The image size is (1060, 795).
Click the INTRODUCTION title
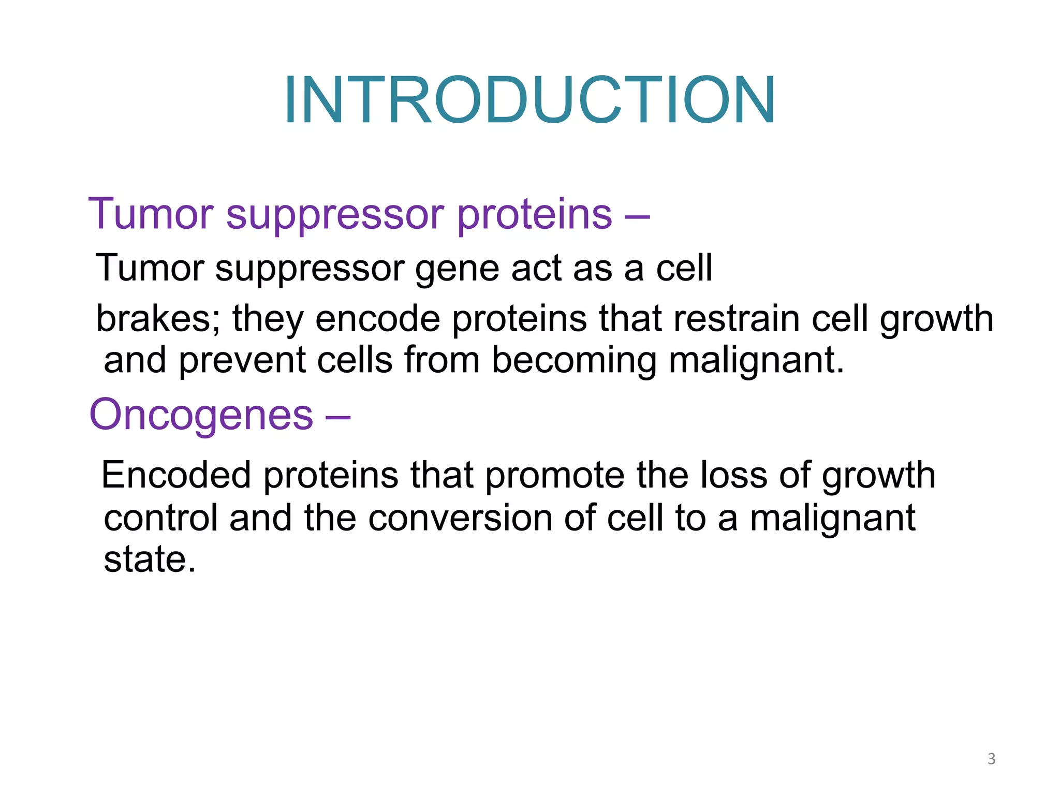(529, 100)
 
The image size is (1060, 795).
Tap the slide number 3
(991, 759)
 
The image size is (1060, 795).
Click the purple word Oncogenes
(201, 415)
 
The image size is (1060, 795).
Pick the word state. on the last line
(150, 560)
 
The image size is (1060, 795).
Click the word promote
(554, 475)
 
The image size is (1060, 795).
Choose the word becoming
(573, 360)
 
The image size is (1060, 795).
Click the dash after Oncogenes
(338, 416)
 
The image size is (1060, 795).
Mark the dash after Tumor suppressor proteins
(637, 215)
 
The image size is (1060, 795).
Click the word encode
(377, 319)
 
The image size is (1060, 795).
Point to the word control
(160, 518)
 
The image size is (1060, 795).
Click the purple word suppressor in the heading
(335, 215)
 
